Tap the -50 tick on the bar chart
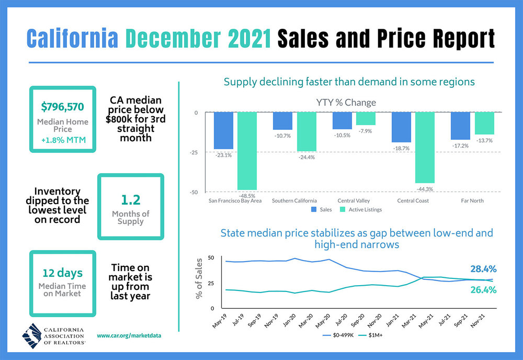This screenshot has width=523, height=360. click(x=193, y=192)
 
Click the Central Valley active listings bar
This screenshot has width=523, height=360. click(x=366, y=119)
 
